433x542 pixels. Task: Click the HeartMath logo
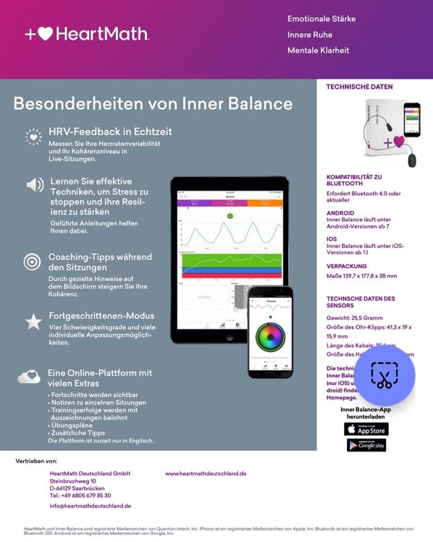(87, 34)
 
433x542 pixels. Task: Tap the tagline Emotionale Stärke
(321, 19)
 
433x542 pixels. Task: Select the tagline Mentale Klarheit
(318, 51)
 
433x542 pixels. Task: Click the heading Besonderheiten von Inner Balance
(153, 103)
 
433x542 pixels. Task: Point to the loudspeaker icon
(34, 184)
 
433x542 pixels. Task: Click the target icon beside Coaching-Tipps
(32, 262)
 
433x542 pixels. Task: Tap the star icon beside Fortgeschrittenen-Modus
(33, 322)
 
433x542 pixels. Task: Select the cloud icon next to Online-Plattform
(29, 377)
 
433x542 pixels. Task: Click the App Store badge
(366, 429)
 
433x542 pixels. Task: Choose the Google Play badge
(366, 445)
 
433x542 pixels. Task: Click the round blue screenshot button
(384, 375)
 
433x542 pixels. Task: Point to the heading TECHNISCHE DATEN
(359, 87)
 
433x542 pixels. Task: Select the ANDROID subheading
(340, 213)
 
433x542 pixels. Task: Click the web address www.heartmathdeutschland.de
(206, 473)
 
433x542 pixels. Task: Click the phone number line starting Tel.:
(80, 495)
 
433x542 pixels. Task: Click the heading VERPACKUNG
(346, 265)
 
